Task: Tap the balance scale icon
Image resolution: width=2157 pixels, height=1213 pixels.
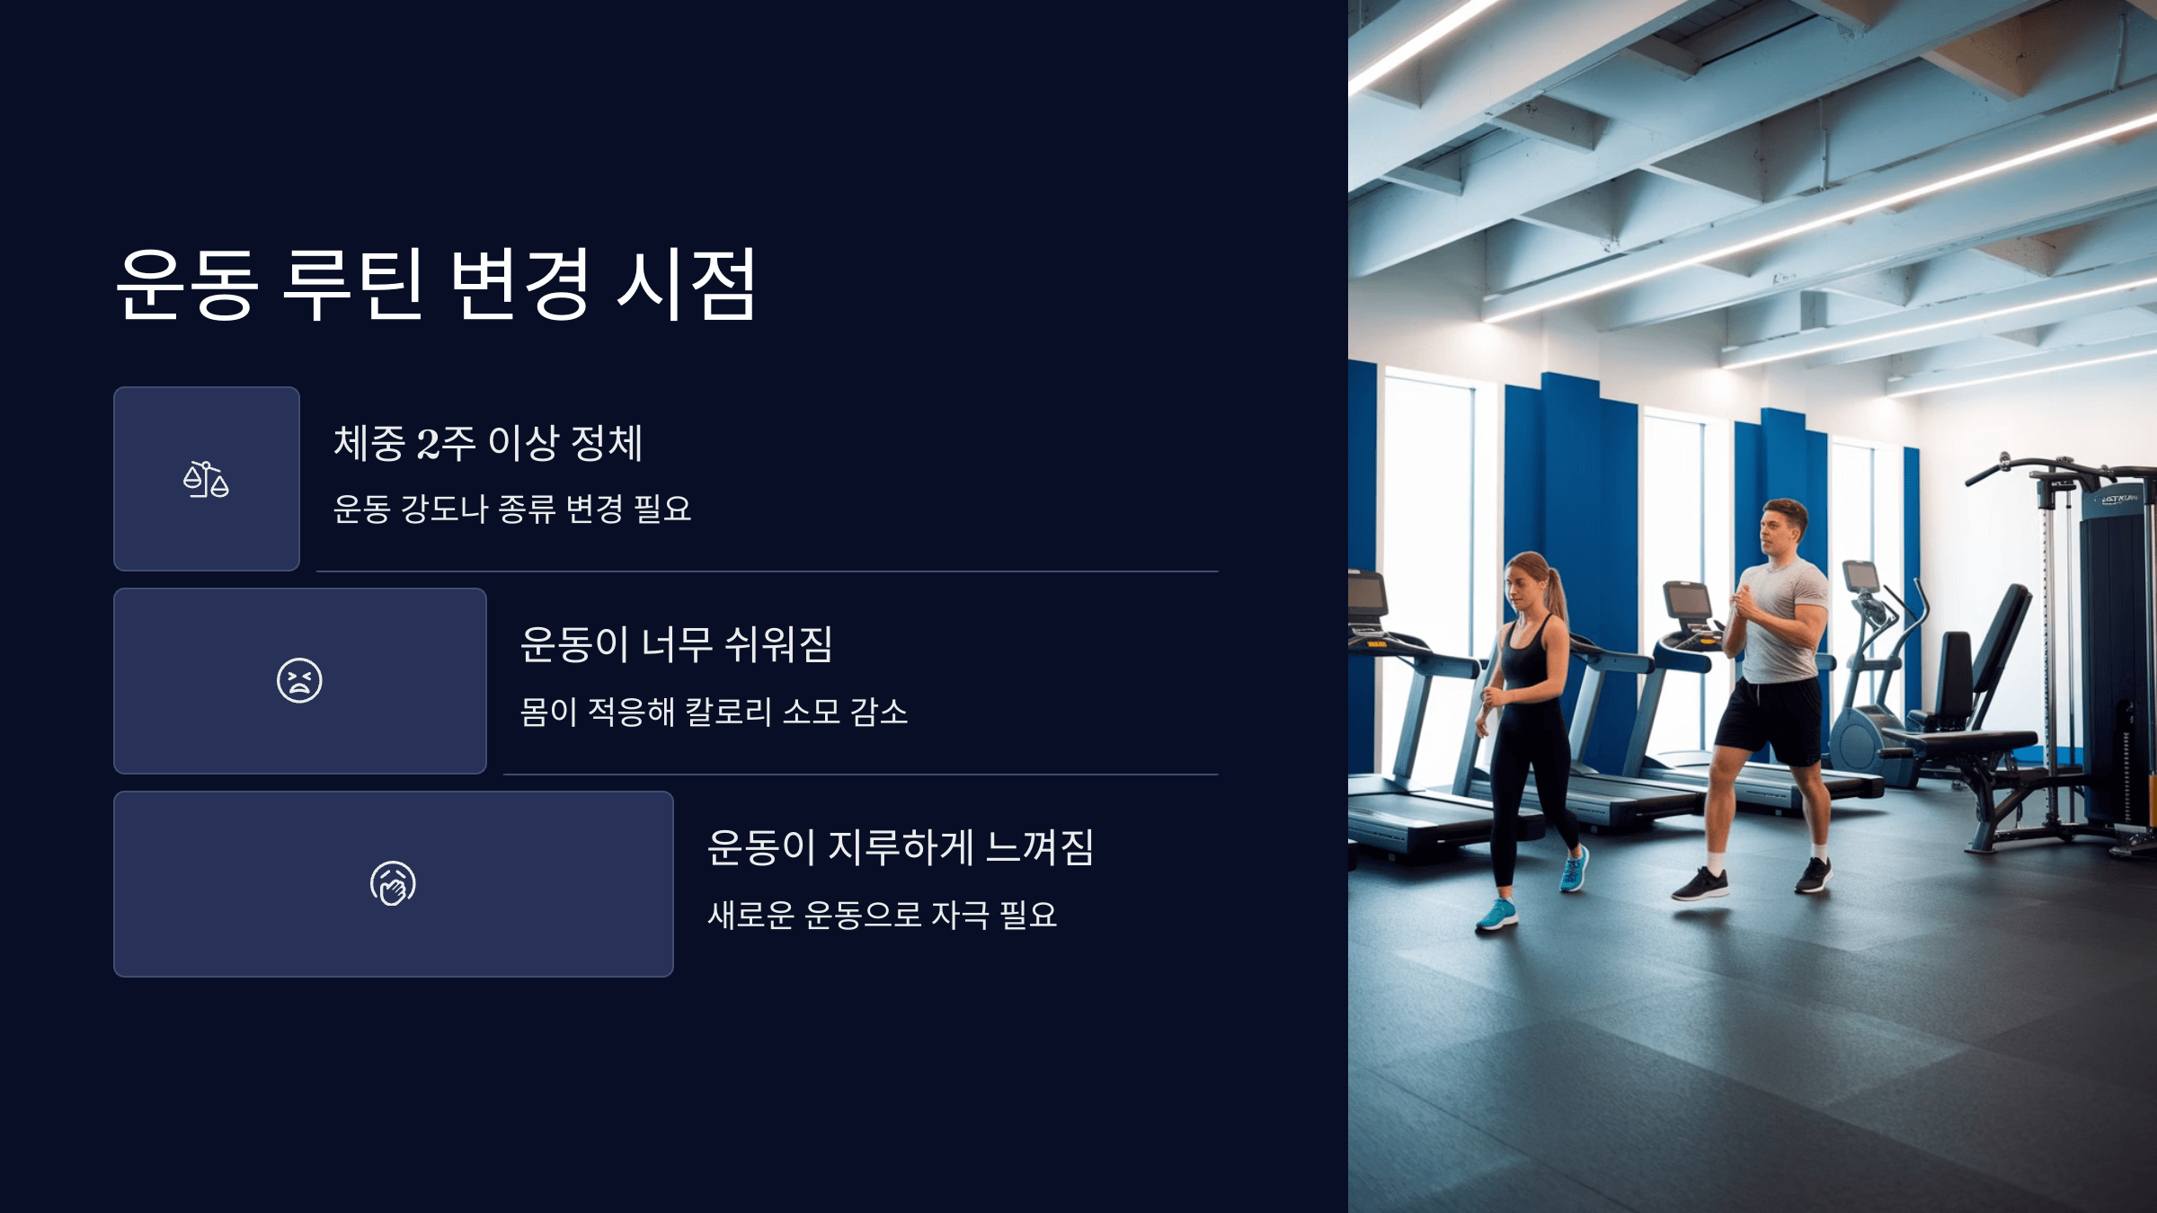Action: [x=206, y=479]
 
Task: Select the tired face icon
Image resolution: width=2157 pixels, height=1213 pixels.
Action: [x=299, y=680]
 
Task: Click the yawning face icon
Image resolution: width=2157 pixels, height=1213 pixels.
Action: [x=393, y=883]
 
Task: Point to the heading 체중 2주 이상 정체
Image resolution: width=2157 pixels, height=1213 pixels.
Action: [x=488, y=443]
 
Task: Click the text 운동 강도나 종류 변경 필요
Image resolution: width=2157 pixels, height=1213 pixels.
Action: [x=512, y=509]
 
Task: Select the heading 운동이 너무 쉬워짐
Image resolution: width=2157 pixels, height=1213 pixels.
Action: [x=677, y=644]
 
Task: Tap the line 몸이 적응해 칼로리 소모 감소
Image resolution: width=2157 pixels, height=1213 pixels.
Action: [x=714, y=712]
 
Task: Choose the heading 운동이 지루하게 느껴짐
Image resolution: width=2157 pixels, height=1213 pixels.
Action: [x=900, y=847]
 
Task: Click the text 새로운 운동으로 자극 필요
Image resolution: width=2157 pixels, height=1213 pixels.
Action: [x=882, y=915]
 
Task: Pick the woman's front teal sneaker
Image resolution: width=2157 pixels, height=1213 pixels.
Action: [x=1496, y=915]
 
